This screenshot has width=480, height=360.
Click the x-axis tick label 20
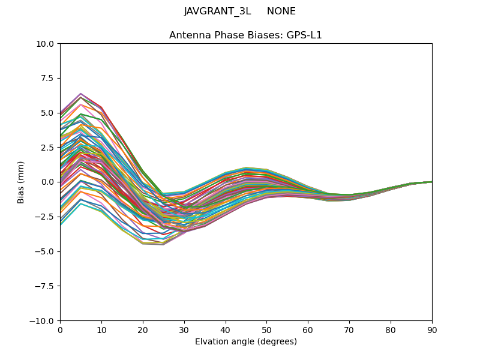(143, 329)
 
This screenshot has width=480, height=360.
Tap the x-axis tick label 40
(226, 329)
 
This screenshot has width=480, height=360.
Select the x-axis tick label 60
(308, 329)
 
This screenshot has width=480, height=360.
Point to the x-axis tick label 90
(432, 329)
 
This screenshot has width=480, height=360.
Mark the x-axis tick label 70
(349, 329)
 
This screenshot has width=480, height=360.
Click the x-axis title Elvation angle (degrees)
(246, 341)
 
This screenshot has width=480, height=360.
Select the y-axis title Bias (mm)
(21, 182)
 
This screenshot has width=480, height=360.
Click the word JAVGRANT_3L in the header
(217, 11)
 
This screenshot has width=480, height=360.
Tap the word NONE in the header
(281, 11)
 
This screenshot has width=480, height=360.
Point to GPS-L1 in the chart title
(304, 35)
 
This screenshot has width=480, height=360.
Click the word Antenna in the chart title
(188, 35)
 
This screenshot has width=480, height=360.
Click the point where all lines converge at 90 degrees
(431, 182)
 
